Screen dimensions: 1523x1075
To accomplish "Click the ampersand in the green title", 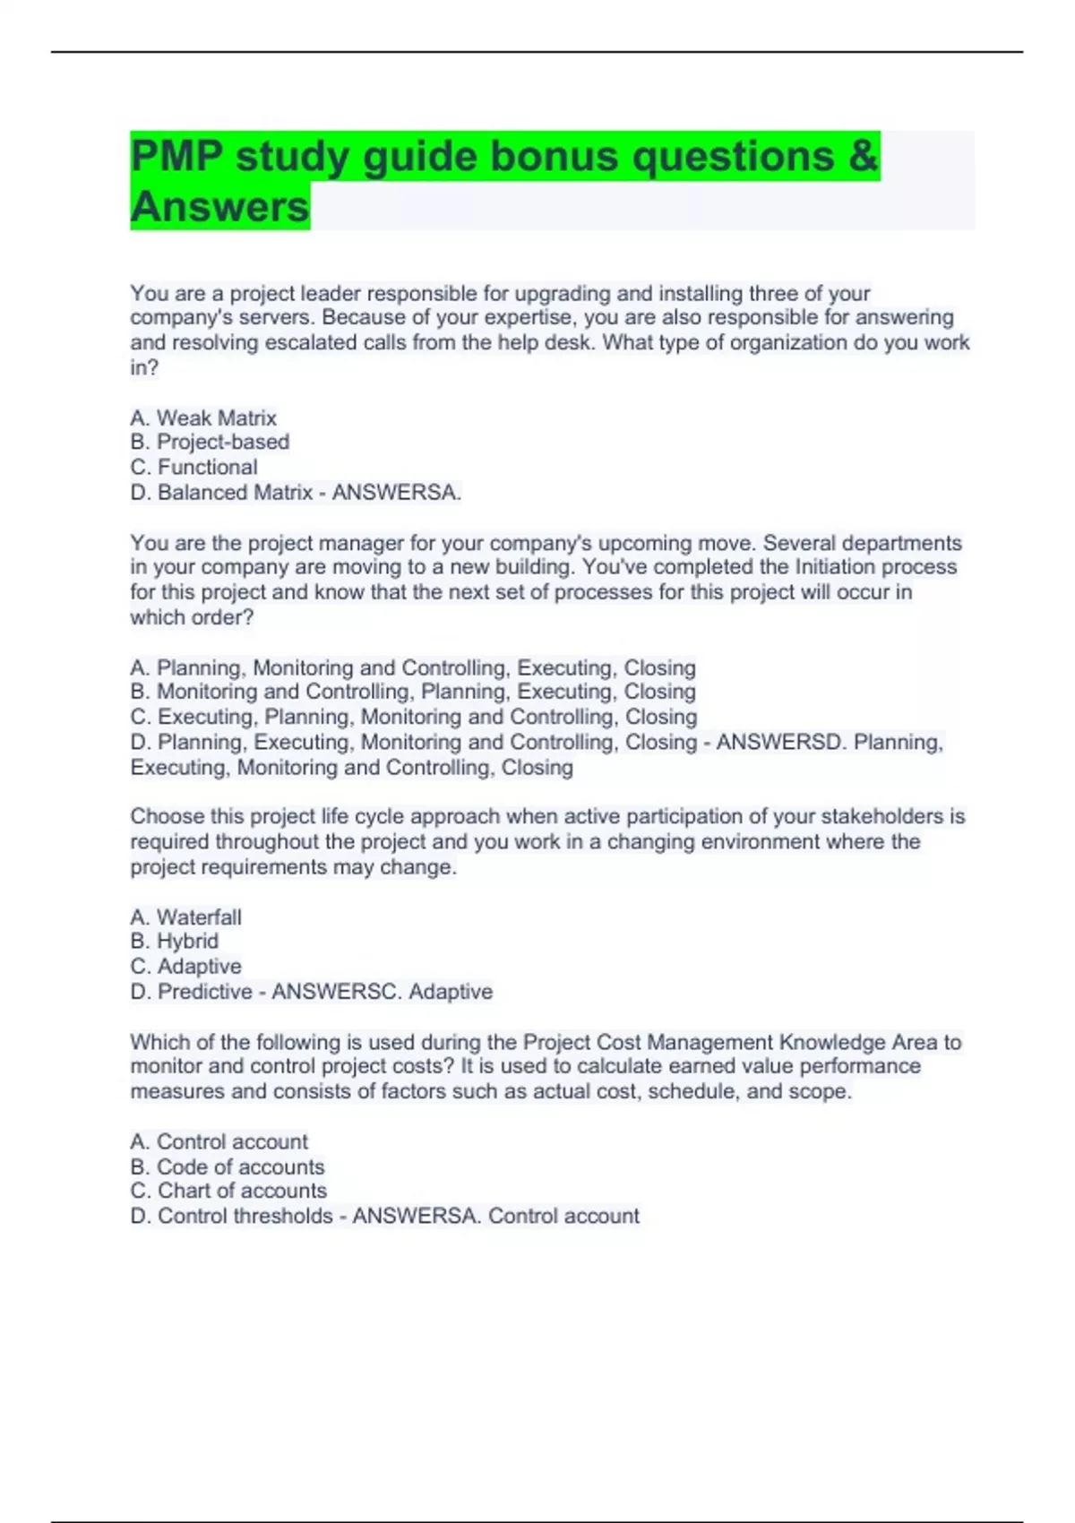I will [863, 156].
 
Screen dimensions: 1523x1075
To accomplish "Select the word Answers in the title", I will [219, 206].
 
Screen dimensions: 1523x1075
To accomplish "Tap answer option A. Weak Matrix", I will [203, 417].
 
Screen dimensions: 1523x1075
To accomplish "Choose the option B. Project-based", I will [210, 442].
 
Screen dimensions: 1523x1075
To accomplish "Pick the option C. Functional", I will [193, 467].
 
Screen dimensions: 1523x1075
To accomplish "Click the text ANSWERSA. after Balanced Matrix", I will [396, 492].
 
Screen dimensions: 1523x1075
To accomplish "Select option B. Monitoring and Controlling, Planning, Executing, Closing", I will [413, 692].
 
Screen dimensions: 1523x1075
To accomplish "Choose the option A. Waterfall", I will [185, 916].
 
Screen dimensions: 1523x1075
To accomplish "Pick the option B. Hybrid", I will [175, 941].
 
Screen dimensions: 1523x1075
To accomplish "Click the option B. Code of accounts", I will [228, 1166].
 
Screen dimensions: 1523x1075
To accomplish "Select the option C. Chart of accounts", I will [228, 1191].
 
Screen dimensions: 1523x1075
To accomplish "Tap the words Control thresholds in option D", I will [245, 1216].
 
